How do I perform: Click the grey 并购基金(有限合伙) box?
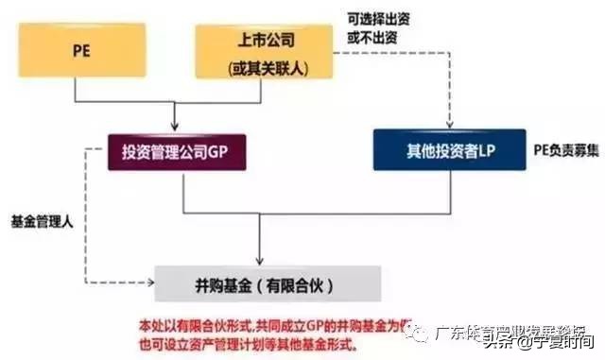coord(268,283)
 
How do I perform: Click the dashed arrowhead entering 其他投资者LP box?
coord(448,127)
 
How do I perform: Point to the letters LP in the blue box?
coord(489,150)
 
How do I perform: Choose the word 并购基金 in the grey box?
coord(223,283)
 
